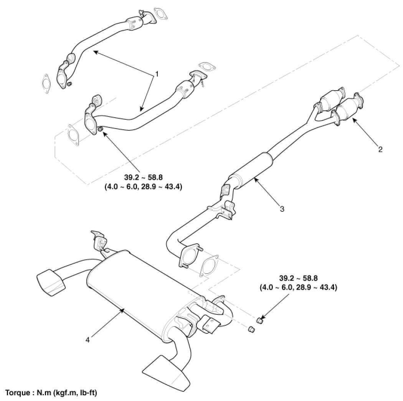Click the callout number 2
380,149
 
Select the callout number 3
282,209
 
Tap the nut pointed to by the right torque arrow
260,320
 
